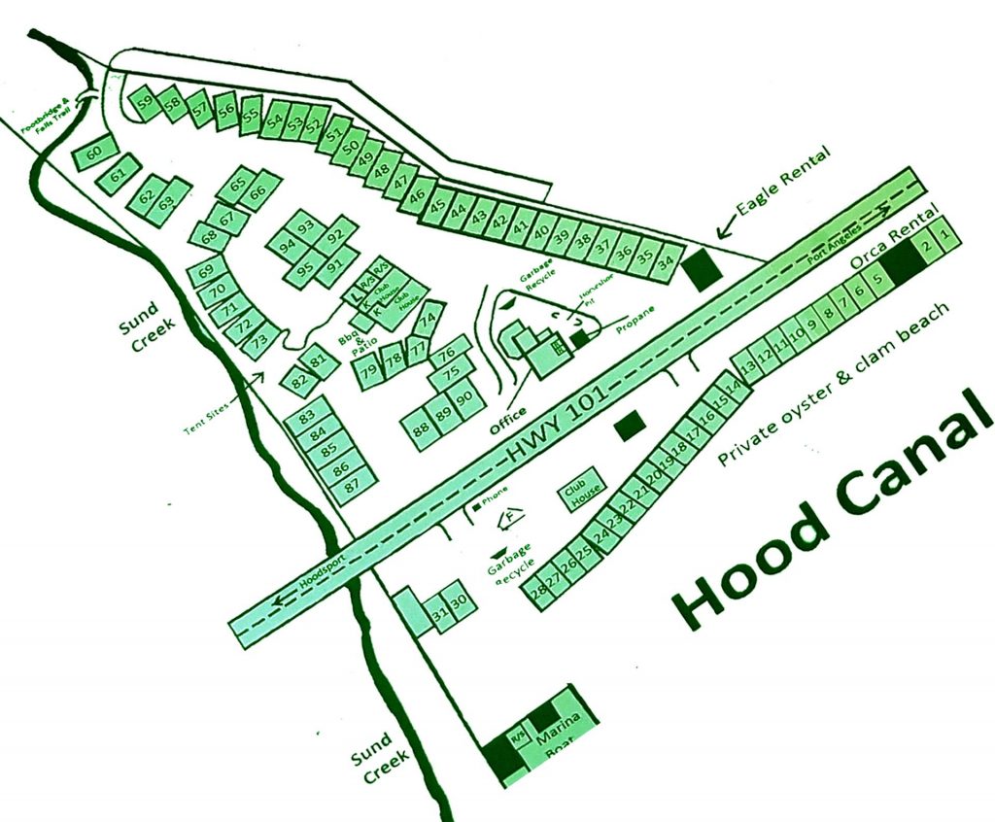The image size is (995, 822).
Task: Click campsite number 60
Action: pos(94,153)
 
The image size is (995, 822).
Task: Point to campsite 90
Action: pos(464,397)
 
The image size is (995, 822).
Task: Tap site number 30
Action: pos(462,601)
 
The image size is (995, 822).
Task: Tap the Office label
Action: pos(508,419)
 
